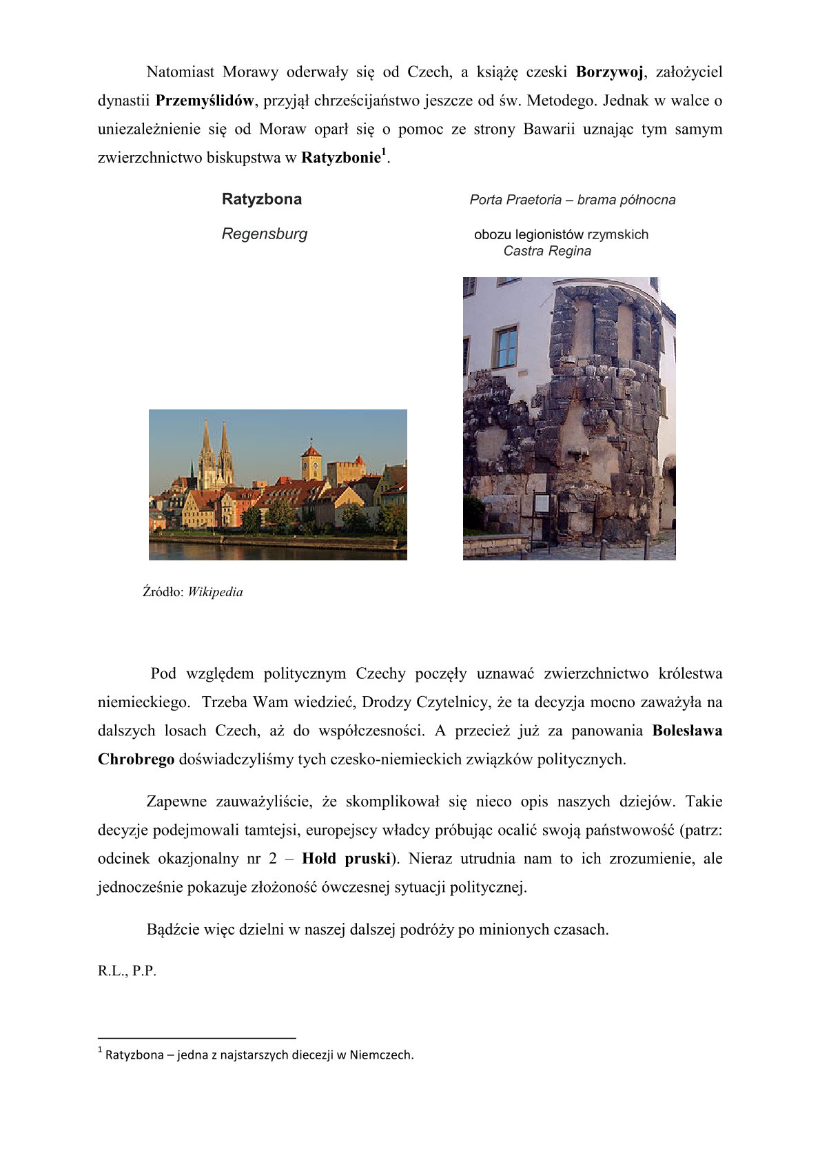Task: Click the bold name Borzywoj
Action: pyautogui.click(x=609, y=72)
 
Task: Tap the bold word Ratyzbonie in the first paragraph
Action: pyautogui.click(x=341, y=157)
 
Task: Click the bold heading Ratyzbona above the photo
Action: pyautogui.click(x=262, y=199)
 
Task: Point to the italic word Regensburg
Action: pyautogui.click(x=265, y=234)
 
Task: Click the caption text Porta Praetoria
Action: pyautogui.click(x=515, y=200)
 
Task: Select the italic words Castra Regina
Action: pyautogui.click(x=547, y=251)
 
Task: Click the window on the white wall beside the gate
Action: pyautogui.click(x=506, y=347)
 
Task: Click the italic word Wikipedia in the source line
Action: pyautogui.click(x=215, y=592)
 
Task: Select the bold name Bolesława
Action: pyautogui.click(x=687, y=731)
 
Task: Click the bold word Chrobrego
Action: pyautogui.click(x=136, y=760)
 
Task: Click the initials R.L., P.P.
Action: pyautogui.click(x=127, y=971)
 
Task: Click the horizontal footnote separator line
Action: pyautogui.click(x=197, y=1037)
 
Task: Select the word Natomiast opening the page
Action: pyautogui.click(x=181, y=72)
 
